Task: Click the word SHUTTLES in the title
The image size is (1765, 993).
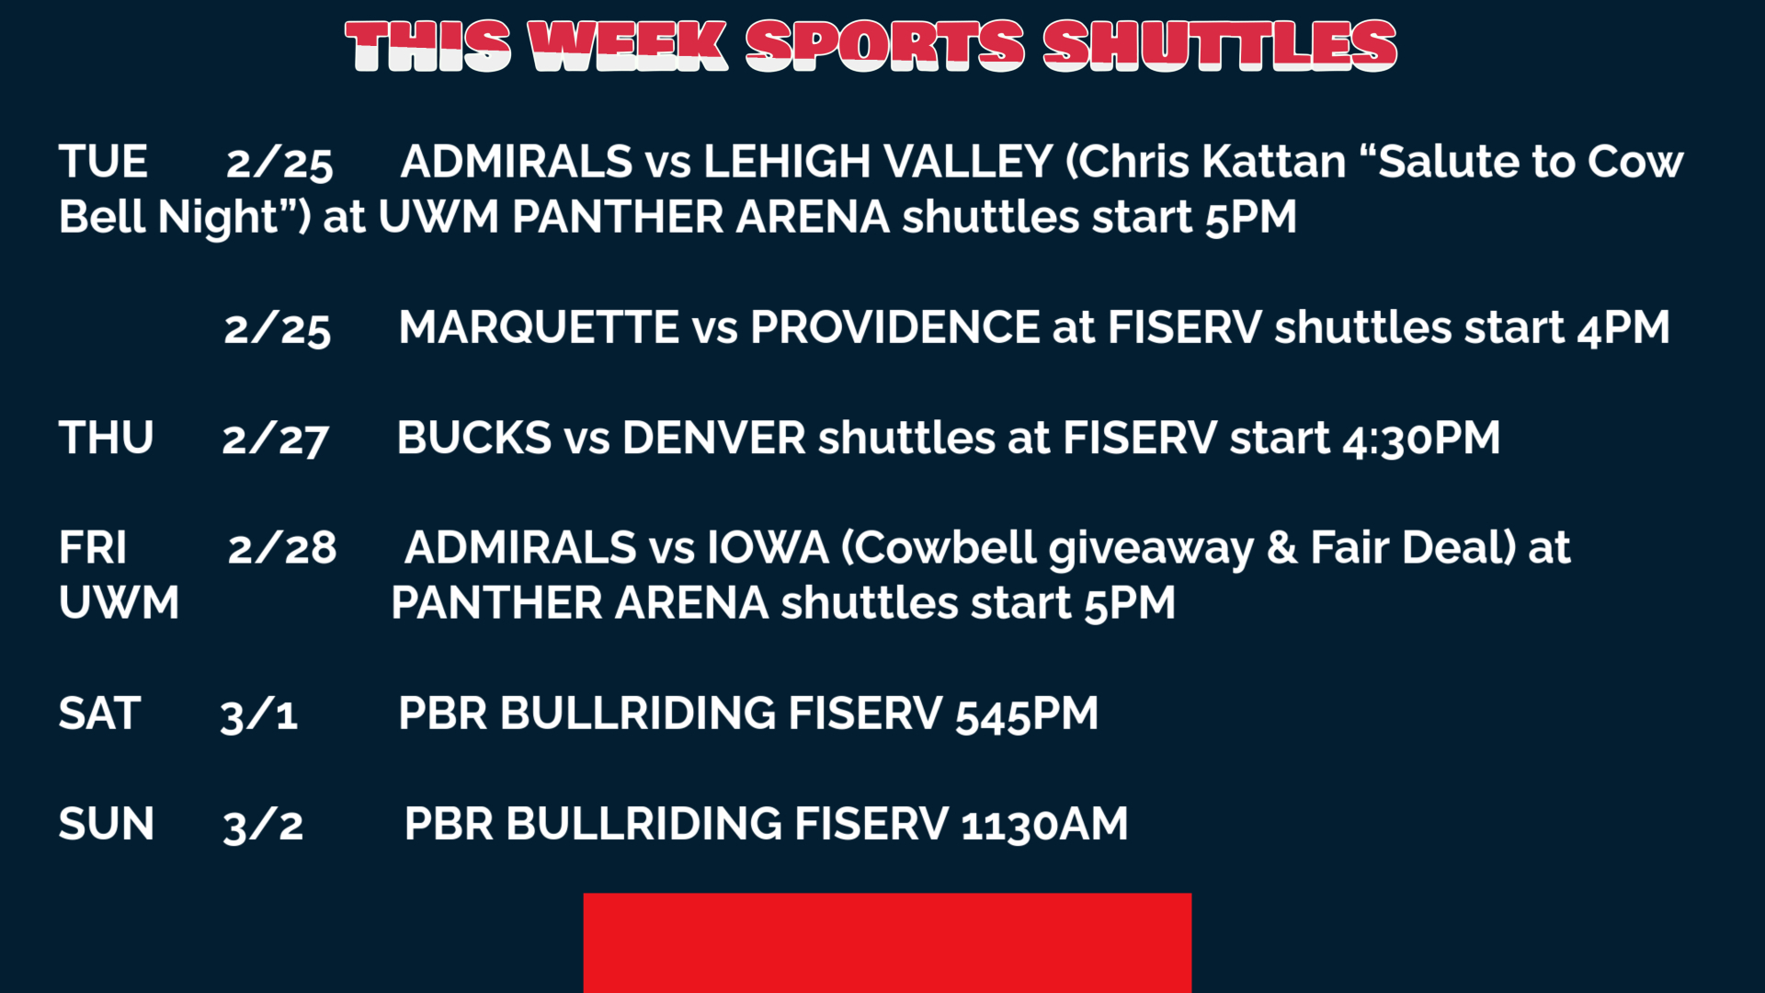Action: coord(1220,46)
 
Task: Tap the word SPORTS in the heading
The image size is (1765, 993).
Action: coord(884,46)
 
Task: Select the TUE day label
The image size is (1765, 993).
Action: coord(103,162)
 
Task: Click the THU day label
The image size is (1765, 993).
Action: coord(106,438)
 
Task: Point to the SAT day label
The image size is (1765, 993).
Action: coord(99,713)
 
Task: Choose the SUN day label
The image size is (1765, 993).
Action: coord(106,824)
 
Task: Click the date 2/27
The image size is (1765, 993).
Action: coord(275,439)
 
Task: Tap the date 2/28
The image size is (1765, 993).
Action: coord(281,549)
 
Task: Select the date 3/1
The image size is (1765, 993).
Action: coord(258,715)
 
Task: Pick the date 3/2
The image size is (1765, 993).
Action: coord(262,826)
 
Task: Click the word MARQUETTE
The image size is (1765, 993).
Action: coord(539,327)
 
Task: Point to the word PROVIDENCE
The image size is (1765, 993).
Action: coord(894,327)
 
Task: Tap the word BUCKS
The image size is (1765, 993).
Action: coord(473,438)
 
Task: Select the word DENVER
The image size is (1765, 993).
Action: coord(713,438)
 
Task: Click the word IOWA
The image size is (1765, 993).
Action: coord(768,548)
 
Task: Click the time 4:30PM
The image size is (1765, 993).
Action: coord(1421,439)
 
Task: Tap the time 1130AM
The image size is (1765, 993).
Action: coord(1044,825)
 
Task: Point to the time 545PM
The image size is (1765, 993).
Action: coord(1027,714)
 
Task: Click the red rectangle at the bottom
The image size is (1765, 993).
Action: coord(887,942)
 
